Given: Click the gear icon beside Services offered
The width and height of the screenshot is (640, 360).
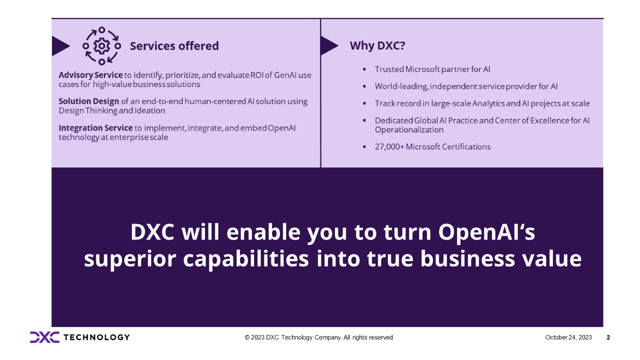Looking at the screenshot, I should [x=101, y=46].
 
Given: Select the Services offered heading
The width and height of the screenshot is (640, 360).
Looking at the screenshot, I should [x=174, y=46].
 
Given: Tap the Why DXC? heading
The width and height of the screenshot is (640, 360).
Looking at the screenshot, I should [x=377, y=45].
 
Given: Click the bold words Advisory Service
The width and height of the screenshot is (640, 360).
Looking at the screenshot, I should [x=90, y=75].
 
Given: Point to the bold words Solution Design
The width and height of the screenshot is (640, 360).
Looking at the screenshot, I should [x=89, y=101].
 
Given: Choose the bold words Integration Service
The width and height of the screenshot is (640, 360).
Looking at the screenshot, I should [x=95, y=128].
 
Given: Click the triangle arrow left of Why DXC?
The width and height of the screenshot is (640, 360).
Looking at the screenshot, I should [x=328, y=45].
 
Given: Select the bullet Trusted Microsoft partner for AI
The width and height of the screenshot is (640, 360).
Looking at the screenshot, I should [x=428, y=69].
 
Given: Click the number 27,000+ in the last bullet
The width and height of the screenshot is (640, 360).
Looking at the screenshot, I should [x=389, y=146].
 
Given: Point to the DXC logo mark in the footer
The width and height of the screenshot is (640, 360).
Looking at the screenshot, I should [x=44, y=337].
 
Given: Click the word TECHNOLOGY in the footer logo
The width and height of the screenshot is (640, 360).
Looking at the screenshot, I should [x=96, y=337].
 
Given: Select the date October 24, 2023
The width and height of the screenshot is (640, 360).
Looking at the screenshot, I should [x=568, y=337].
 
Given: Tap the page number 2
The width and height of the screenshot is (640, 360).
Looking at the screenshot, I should [x=608, y=337].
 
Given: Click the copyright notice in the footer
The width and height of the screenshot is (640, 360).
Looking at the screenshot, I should [x=319, y=337].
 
